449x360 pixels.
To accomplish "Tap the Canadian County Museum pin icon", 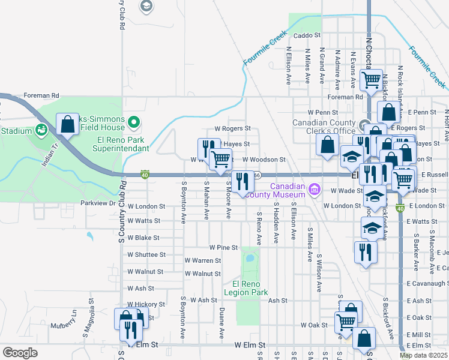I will [313, 191].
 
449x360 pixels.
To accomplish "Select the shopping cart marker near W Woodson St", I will [221, 160].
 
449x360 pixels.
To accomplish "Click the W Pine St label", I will [223, 247].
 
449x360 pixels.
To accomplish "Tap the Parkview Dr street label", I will [98, 203].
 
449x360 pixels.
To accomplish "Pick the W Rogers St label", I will [232, 128].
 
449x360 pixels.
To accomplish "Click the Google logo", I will [20, 353].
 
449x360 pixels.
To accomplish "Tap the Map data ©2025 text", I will [424, 355].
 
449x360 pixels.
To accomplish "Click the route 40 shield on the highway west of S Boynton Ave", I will [145, 174].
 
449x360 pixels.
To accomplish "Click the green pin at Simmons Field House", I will [134, 124].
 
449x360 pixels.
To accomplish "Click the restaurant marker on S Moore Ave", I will [242, 181].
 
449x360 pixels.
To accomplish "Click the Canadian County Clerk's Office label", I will [324, 127].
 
